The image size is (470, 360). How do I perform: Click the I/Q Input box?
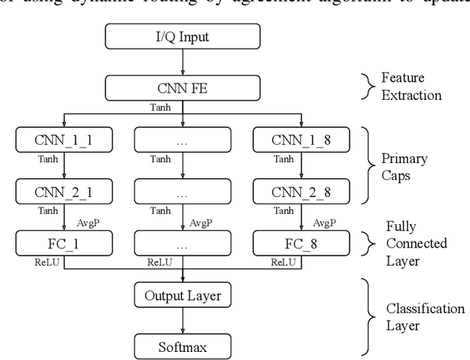[182, 35]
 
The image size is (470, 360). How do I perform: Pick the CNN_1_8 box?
[300, 140]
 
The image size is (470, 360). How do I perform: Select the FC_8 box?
[300, 242]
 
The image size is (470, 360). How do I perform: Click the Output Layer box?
[182, 295]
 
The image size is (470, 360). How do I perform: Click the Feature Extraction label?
[411, 86]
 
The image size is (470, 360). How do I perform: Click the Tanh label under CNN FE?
[160, 107]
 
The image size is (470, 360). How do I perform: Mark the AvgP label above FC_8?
[324, 223]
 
